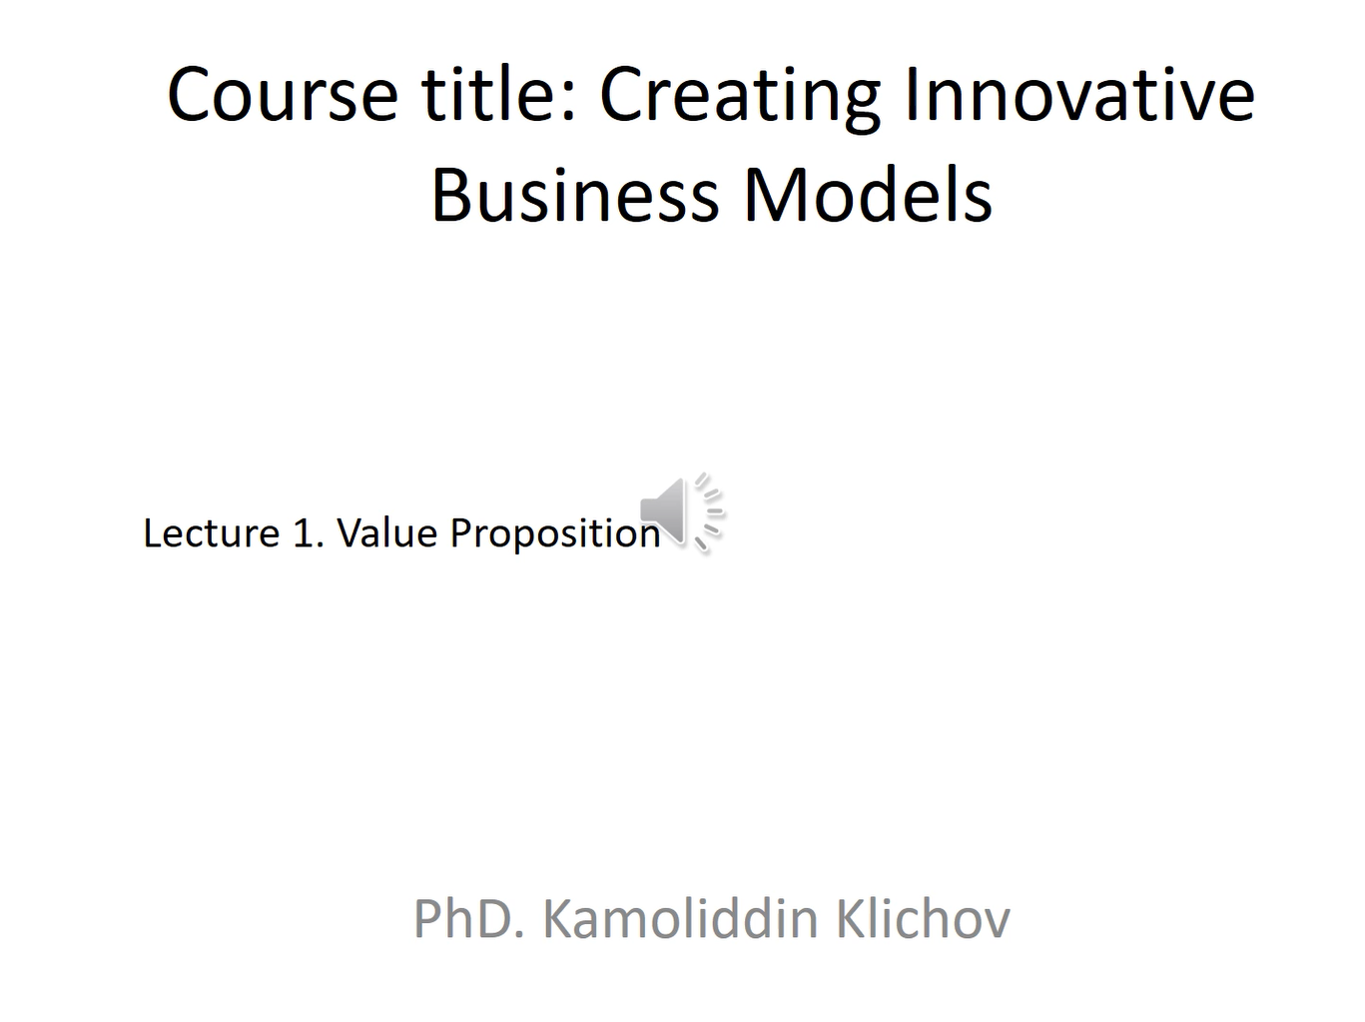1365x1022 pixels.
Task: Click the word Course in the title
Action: tap(283, 95)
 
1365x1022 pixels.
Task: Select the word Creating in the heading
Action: tap(740, 100)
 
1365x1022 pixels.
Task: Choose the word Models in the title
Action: tap(868, 194)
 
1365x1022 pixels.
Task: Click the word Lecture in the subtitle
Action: tap(212, 533)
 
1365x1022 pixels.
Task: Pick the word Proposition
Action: tap(555, 534)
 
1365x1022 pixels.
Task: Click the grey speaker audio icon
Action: tap(682, 511)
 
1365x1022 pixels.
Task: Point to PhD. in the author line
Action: tap(470, 918)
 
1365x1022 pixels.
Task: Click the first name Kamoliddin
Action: tap(680, 918)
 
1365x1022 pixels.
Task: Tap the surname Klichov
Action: tap(923, 918)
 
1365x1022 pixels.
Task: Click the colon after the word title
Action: tap(570, 101)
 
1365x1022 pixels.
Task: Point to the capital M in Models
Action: tap(774, 194)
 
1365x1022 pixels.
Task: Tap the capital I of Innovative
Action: tap(912, 95)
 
